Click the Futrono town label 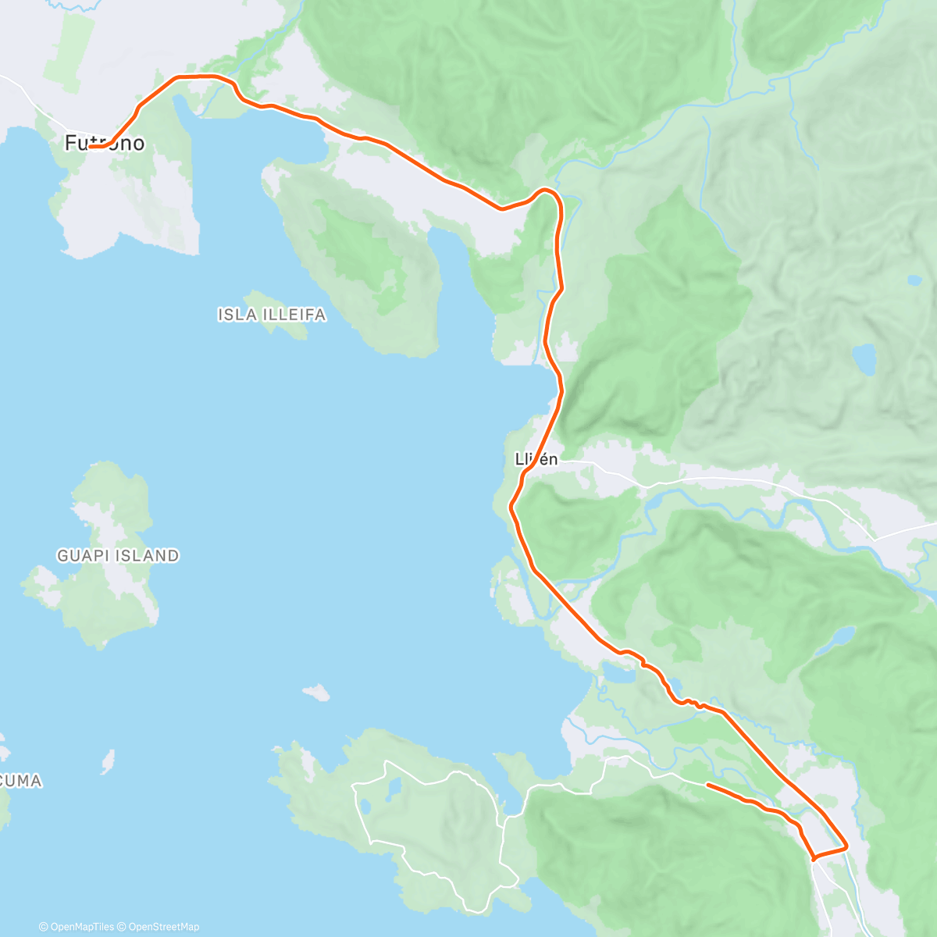[x=105, y=143]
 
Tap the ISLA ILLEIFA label [x=272, y=315]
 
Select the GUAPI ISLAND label [x=118, y=556]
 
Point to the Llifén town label [x=536, y=459]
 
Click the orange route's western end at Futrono [x=91, y=146]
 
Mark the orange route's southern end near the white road [x=707, y=784]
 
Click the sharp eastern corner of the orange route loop [x=846, y=846]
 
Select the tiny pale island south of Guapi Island [x=316, y=692]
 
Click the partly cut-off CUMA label [x=21, y=781]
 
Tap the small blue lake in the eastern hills [x=864, y=359]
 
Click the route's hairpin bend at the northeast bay [x=547, y=191]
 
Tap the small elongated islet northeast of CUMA [x=108, y=761]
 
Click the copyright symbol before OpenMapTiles [x=44, y=927]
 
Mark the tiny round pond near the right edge [x=913, y=280]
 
